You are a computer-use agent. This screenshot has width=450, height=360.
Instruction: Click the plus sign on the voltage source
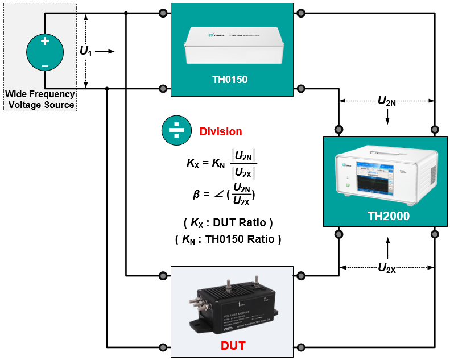click(x=45, y=41)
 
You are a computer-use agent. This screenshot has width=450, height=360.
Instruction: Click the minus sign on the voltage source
click(x=45, y=67)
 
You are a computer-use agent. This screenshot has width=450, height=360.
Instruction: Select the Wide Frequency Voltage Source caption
click(x=39, y=100)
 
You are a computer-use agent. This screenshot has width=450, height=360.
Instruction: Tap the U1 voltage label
click(x=85, y=51)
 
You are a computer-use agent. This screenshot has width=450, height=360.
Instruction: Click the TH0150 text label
click(x=229, y=80)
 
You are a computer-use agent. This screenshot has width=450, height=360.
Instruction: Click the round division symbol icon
click(x=177, y=131)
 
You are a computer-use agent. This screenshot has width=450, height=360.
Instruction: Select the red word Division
click(x=221, y=131)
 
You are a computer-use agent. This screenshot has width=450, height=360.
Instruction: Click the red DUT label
click(x=233, y=345)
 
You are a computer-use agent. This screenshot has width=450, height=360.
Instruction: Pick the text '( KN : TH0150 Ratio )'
click(x=228, y=239)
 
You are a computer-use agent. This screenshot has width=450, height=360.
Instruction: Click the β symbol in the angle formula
click(x=196, y=194)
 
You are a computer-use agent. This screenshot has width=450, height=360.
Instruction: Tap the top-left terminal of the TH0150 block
click(x=163, y=13)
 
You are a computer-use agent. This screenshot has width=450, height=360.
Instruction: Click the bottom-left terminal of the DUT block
click(x=163, y=347)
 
